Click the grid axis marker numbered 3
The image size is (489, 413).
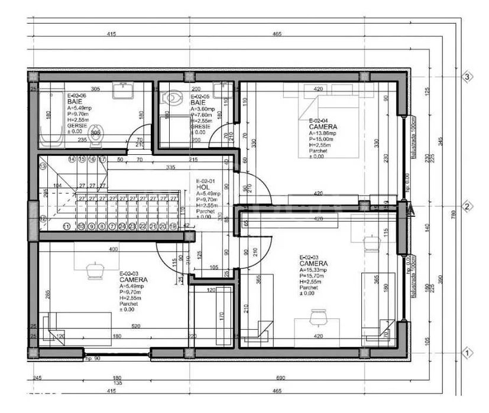pos(467,77)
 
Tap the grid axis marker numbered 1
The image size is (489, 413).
pos(467,353)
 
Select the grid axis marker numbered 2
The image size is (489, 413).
pos(467,207)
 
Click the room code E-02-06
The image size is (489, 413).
pos(77,96)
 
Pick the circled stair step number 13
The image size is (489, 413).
pos(43,167)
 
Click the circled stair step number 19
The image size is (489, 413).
pos(173,226)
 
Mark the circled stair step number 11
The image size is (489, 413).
pos(66,226)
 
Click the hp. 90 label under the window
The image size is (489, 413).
pos(93,358)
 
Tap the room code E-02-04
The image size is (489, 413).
pos(320,121)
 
